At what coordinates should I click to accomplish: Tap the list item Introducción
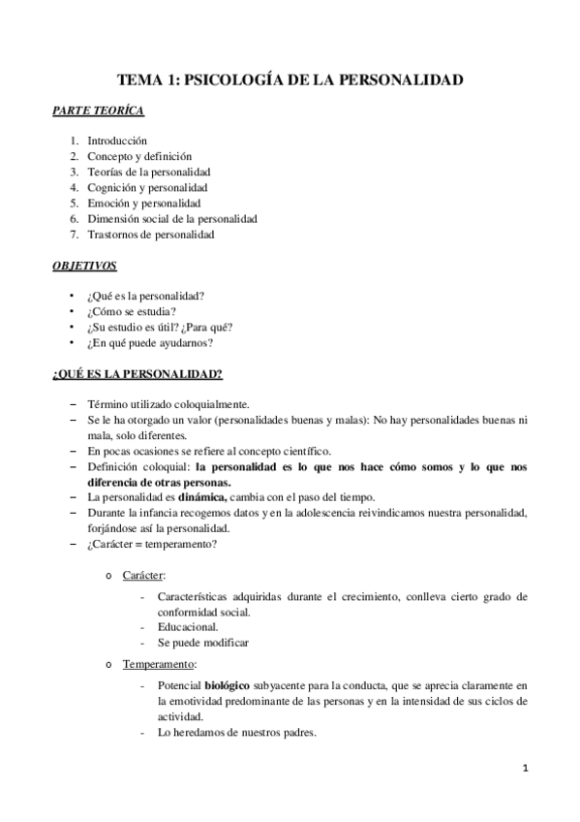117,141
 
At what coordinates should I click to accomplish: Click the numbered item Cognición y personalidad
147,187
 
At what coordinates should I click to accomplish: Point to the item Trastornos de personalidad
151,234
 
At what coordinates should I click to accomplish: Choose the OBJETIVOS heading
84,265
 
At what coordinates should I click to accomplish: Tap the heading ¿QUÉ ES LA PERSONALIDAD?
137,373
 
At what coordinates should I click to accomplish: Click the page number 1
524,769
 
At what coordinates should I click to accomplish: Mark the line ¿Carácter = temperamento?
152,544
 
